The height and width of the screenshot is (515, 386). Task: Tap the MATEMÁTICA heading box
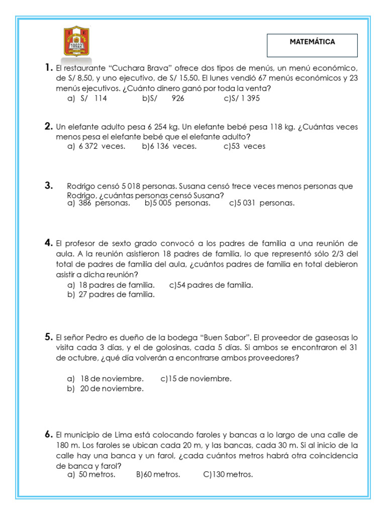pyautogui.click(x=312, y=45)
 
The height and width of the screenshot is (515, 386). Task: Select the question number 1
pyautogui.click(x=48, y=68)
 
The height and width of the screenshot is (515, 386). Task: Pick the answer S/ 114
pyautogui.click(x=87, y=99)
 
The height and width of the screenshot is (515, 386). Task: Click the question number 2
pyautogui.click(x=48, y=126)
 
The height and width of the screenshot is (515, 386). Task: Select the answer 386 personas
pyautogui.click(x=99, y=203)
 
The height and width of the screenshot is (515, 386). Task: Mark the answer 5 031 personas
pyautogui.click(x=262, y=203)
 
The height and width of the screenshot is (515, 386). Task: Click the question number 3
pyautogui.click(x=48, y=186)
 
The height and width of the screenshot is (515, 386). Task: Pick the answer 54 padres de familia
pyautogui.click(x=211, y=285)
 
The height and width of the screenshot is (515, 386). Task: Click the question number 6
pyautogui.click(x=48, y=434)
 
